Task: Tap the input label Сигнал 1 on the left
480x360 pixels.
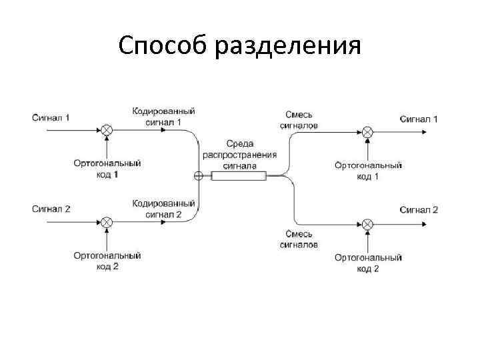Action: pyautogui.click(x=51, y=118)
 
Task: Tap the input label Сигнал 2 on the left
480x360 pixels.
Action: pyautogui.click(x=51, y=209)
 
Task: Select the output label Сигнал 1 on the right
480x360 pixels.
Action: pyautogui.click(x=419, y=119)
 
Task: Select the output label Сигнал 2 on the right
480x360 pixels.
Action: pyautogui.click(x=419, y=209)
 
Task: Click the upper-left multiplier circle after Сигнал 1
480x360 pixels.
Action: pyautogui.click(x=106, y=129)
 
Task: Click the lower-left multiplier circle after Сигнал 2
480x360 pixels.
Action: pyautogui.click(x=106, y=221)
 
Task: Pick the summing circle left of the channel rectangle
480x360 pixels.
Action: pyautogui.click(x=198, y=176)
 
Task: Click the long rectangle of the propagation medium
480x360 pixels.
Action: pyautogui.click(x=239, y=176)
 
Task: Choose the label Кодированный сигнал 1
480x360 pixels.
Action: pyautogui.click(x=163, y=117)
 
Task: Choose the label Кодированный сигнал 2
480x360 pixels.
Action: pyautogui.click(x=163, y=209)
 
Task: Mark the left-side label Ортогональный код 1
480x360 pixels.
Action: pyautogui.click(x=107, y=169)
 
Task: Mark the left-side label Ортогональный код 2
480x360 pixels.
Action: pyautogui.click(x=107, y=261)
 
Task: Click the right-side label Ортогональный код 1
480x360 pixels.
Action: pyautogui.click(x=367, y=171)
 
